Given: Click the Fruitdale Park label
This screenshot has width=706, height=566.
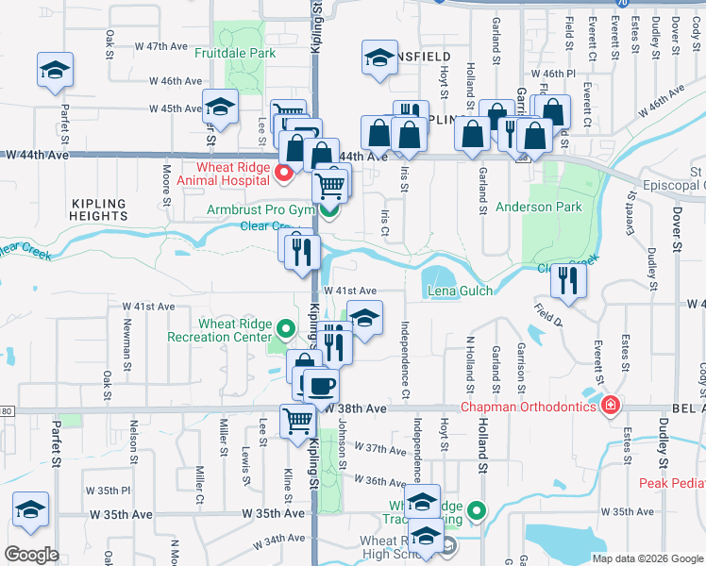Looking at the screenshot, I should coord(236,54).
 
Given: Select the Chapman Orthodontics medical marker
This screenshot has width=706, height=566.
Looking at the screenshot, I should coord(611,407).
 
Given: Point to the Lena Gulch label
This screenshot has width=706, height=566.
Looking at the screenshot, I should coord(461,291).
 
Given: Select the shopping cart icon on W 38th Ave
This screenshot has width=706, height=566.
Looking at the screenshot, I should coord(298,420).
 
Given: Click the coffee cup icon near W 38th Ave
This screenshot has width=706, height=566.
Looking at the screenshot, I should coord(322,385).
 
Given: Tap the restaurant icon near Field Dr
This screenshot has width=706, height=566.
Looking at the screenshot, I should coord(568,279).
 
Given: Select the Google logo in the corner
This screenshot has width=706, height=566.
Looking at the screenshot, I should coord(31,555).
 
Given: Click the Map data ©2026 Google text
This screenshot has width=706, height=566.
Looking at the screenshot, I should coord(647,558).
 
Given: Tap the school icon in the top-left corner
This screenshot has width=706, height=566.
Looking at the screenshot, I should coord(56,70).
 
